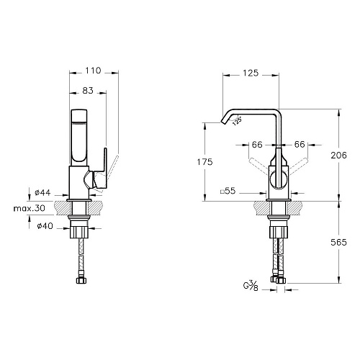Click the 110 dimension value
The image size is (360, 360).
[x=93, y=71]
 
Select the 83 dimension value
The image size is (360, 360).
[x=88, y=91]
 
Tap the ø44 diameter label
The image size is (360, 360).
[x=42, y=192]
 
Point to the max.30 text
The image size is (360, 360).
[x=29, y=208]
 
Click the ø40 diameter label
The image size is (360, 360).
[x=45, y=226]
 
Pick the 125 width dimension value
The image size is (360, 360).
[x=251, y=73]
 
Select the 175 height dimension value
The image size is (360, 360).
[x=205, y=162]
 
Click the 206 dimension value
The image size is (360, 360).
[x=338, y=156]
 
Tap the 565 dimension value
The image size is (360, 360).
[x=338, y=243]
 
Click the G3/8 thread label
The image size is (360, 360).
[x=251, y=287]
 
